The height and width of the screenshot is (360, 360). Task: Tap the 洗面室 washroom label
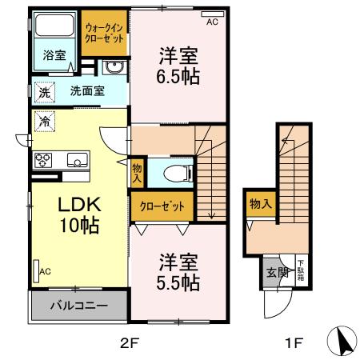pyautogui.click(x=86, y=90)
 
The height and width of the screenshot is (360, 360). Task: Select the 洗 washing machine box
pyautogui.click(x=43, y=92)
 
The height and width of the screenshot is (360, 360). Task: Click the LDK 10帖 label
pyautogui.click(x=78, y=215)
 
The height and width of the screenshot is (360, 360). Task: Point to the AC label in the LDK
pyautogui.click(x=45, y=272)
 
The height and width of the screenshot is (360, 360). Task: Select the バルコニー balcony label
pyautogui.click(x=78, y=305)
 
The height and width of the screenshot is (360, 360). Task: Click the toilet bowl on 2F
pyautogui.click(x=174, y=171)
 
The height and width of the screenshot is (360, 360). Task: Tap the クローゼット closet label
pyautogui.click(x=162, y=206)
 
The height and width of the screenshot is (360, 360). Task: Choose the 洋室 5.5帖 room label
pyautogui.click(x=178, y=272)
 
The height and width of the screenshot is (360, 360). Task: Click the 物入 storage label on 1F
pyautogui.click(x=261, y=204)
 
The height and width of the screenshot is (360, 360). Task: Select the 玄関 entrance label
pyautogui.click(x=274, y=272)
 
